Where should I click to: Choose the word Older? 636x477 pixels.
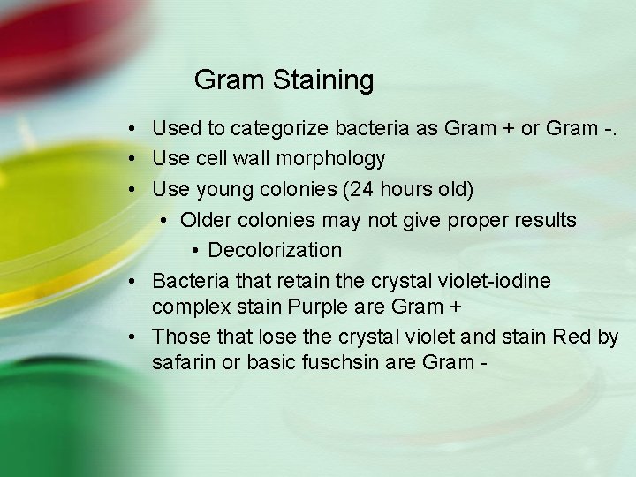(x=209, y=219)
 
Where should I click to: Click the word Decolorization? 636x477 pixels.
(x=275, y=250)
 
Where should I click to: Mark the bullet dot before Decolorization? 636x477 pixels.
(x=197, y=251)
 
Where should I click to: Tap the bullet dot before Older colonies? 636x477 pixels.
(x=168, y=220)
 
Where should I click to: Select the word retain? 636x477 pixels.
(x=299, y=280)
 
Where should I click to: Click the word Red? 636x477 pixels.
(x=572, y=337)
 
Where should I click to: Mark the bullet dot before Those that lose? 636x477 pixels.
(x=130, y=337)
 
